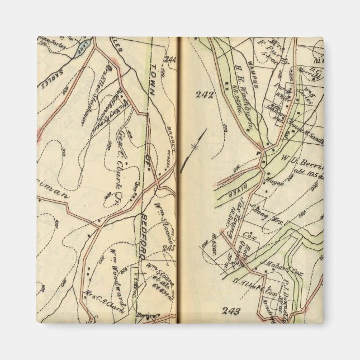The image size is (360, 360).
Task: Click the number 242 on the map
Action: [x=205, y=94]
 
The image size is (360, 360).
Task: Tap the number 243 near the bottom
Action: [x=231, y=311]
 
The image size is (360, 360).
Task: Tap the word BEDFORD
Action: [x=145, y=234]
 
